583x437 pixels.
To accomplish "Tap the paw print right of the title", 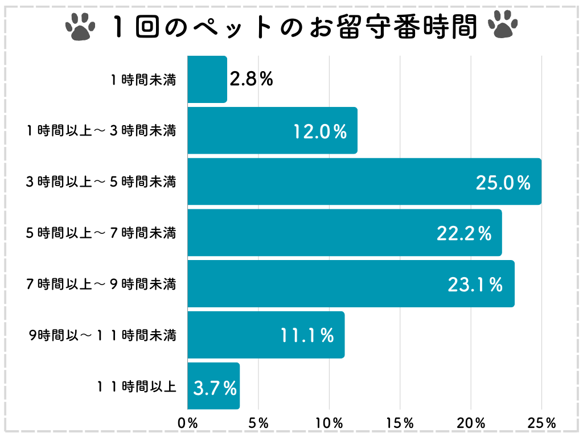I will click(503, 26).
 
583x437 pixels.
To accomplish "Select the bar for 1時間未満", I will click(207, 80).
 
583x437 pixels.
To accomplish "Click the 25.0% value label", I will click(503, 183).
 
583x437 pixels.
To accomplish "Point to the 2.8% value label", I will click(251, 79).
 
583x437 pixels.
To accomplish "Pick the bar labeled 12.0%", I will click(272, 131).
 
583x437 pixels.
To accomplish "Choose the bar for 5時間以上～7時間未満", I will click(344, 233).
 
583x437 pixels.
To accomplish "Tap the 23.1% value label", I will click(475, 285).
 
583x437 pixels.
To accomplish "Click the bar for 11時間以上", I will click(214, 386).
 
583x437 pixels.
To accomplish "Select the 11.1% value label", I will click(307, 336).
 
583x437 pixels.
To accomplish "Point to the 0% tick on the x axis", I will click(188, 423).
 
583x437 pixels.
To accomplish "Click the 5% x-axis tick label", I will click(258, 423).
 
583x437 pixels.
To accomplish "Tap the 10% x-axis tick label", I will click(329, 423).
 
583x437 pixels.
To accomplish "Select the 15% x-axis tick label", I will click(400, 423).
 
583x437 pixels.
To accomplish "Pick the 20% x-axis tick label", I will click(471, 423).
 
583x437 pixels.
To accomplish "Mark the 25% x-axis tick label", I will click(541, 423).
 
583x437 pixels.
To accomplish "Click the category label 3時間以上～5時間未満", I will click(101, 183).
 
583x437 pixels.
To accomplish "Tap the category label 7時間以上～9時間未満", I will click(101, 285).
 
